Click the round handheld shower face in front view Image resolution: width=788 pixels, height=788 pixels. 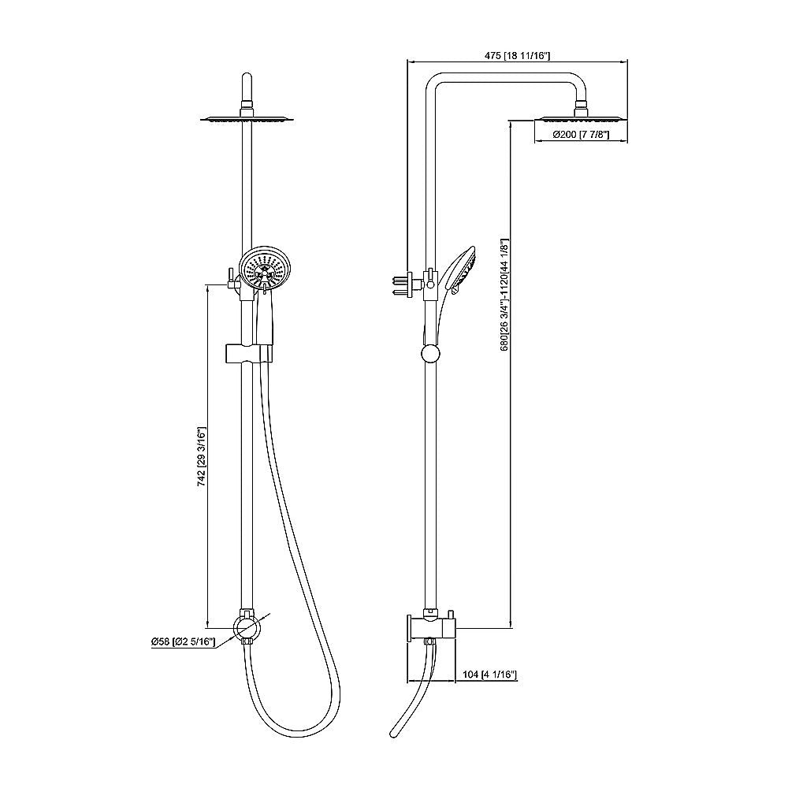(265, 271)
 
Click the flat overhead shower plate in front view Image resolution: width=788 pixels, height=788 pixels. (247, 119)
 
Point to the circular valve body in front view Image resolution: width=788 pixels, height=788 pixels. (247, 628)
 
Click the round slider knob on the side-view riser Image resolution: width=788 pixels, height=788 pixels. (429, 353)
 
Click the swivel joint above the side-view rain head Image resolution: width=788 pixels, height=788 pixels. (582, 104)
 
